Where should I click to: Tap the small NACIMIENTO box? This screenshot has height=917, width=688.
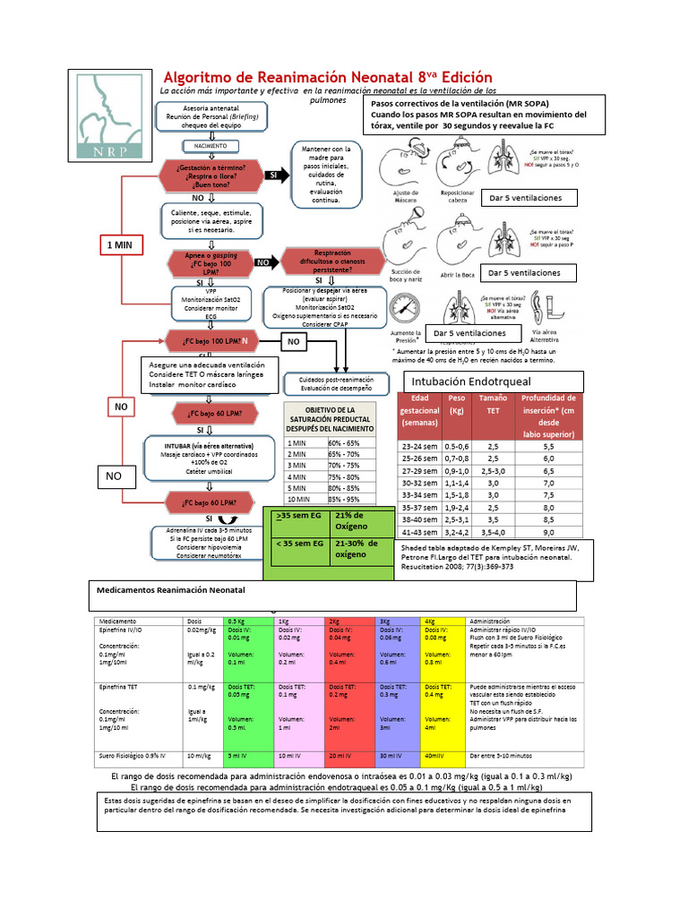click(207, 145)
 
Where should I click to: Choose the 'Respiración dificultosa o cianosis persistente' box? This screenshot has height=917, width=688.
click(332, 261)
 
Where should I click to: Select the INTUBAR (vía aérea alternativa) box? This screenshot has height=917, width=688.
click(208, 456)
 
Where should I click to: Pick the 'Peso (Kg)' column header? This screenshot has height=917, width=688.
click(457, 409)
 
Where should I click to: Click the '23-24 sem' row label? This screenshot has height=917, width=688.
click(419, 445)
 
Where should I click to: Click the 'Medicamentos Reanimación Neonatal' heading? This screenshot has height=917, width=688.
click(170, 591)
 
